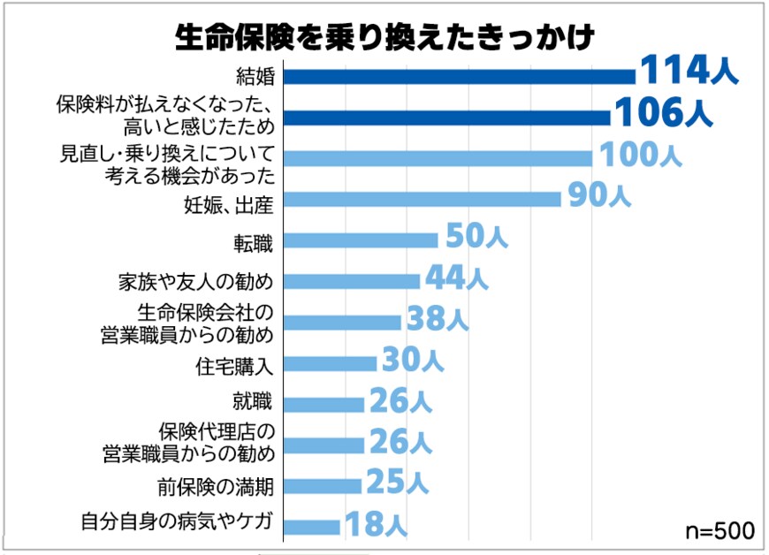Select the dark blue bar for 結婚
(x=460, y=77)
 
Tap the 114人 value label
(x=688, y=70)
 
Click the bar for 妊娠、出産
(x=423, y=199)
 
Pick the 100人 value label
(x=641, y=155)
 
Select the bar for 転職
(x=361, y=240)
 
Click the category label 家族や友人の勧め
(x=196, y=282)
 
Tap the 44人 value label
(x=456, y=277)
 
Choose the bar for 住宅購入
(x=330, y=363)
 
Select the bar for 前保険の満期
(x=323, y=486)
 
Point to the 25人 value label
(x=396, y=483)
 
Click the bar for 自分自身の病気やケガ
(x=312, y=527)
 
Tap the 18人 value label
(x=375, y=524)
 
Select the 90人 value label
(x=598, y=196)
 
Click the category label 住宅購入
(x=235, y=364)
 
